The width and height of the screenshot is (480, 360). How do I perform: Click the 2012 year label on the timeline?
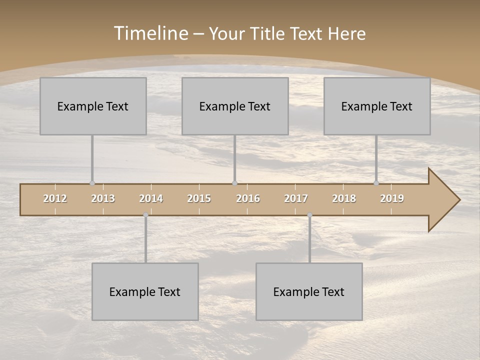click(x=55, y=198)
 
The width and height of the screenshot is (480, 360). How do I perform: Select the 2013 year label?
click(x=103, y=198)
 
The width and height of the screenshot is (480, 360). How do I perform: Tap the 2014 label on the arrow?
click(x=151, y=198)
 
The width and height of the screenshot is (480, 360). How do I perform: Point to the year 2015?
click(x=199, y=198)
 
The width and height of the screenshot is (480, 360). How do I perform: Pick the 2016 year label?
click(x=248, y=198)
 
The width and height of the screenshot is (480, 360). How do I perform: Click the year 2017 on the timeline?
click(x=296, y=198)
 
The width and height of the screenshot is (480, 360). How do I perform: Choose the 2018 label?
click(x=344, y=198)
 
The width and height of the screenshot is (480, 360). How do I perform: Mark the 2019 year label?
click(x=392, y=198)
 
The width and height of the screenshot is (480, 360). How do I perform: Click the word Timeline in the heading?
click(x=150, y=33)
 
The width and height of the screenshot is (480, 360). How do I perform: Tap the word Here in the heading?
click(x=346, y=33)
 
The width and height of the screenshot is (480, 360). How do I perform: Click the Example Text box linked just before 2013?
click(x=93, y=106)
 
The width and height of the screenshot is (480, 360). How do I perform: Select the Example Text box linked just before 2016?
click(x=235, y=106)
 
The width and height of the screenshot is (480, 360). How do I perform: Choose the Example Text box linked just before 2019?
click(x=377, y=106)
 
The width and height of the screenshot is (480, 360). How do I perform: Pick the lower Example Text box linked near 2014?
click(x=145, y=291)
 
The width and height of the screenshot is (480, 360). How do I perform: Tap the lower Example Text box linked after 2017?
click(x=309, y=291)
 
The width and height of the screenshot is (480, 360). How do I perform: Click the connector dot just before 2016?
click(x=234, y=183)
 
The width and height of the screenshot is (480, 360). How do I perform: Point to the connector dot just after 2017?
click(x=309, y=215)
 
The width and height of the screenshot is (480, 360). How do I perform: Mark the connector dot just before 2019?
click(x=376, y=183)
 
